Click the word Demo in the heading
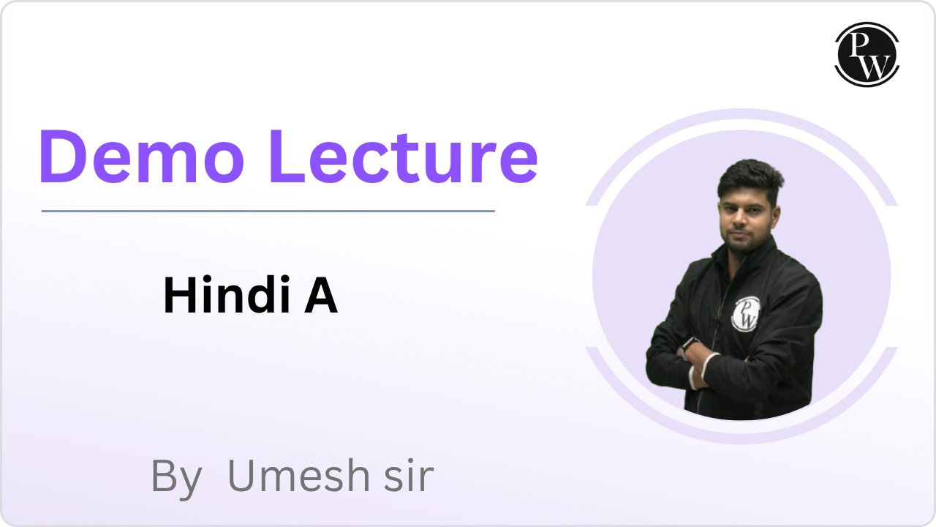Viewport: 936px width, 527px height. (x=142, y=157)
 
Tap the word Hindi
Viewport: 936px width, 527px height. (x=227, y=294)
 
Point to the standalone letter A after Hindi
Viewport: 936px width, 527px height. (x=321, y=295)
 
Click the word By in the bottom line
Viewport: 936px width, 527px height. (x=176, y=479)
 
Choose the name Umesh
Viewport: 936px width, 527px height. (x=299, y=476)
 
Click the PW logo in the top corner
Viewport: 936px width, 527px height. (x=867, y=54)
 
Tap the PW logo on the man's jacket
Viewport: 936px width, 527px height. (x=747, y=314)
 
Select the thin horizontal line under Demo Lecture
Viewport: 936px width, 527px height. (x=268, y=212)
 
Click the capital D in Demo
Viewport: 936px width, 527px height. (x=63, y=157)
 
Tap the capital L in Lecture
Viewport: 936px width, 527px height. (x=288, y=157)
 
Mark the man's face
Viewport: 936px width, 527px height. (x=747, y=223)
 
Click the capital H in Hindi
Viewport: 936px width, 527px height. (x=179, y=295)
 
